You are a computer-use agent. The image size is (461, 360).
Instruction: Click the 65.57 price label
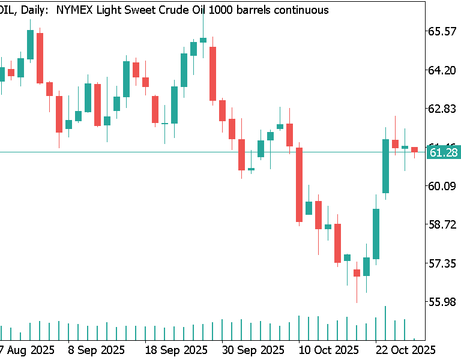coord(441,31)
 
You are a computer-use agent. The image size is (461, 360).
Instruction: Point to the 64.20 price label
coord(441,70)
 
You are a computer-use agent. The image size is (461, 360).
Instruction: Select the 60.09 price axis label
coord(441,186)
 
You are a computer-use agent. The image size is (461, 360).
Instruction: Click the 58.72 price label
coord(441,224)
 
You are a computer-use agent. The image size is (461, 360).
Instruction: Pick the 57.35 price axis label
coord(441,263)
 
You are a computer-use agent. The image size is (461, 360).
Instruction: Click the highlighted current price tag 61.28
coord(444,153)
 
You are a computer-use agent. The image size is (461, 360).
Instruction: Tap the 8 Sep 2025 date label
coord(96,349)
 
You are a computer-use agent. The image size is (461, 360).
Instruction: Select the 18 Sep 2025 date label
coord(174,349)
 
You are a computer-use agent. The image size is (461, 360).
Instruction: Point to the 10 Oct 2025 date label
coord(329,349)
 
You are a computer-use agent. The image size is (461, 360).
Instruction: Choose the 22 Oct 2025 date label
coord(405,349)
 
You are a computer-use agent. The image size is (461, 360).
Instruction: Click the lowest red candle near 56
coord(357,273)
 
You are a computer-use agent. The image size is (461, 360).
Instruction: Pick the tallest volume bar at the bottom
coord(385,323)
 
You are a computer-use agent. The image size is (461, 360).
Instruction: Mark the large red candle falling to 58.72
coord(299,185)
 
